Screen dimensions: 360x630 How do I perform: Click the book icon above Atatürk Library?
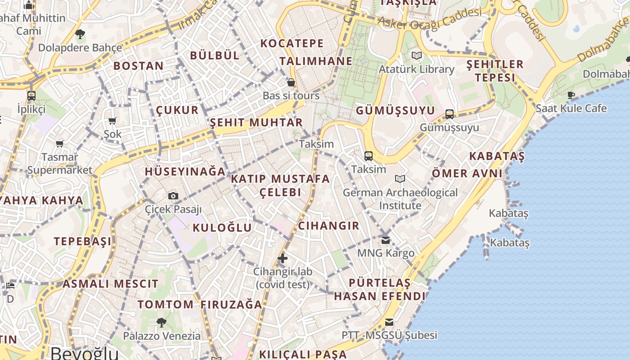(416, 55)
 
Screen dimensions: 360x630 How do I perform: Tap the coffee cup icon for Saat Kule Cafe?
(571, 95)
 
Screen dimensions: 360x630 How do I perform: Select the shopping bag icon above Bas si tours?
(291, 82)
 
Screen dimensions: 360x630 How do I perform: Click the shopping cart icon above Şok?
(112, 121)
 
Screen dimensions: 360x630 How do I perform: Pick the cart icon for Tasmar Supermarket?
(59, 144)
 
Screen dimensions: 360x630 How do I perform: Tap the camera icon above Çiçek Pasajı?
(173, 196)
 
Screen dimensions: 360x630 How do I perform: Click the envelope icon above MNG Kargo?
(386, 239)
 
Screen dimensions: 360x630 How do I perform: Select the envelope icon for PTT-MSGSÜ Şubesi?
(389, 322)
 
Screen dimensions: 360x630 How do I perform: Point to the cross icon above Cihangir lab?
(283, 258)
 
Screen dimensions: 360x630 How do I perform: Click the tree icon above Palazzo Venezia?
(162, 322)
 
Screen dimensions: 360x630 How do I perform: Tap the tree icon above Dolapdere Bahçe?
(80, 34)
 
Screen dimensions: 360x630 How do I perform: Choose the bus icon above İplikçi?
(31, 95)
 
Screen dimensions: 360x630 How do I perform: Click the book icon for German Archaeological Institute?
(400, 179)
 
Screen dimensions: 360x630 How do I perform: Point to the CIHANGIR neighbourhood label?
(329, 226)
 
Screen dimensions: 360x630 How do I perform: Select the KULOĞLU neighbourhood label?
(222, 228)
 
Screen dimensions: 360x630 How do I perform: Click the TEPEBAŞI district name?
(83, 241)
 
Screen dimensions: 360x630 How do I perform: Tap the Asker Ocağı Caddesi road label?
(430, 18)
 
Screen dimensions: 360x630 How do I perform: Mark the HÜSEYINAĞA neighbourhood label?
(185, 171)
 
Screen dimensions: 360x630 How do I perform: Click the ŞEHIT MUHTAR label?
(256, 122)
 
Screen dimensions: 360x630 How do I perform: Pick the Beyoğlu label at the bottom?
(85, 353)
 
